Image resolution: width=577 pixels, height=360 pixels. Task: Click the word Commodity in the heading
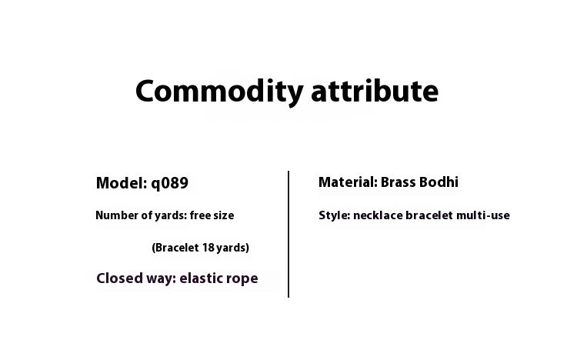(219, 92)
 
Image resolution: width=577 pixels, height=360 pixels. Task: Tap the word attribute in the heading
(375, 91)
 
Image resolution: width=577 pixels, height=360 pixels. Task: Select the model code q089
(170, 184)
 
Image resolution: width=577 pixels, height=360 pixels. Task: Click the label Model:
(122, 183)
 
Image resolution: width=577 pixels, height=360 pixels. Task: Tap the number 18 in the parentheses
(208, 248)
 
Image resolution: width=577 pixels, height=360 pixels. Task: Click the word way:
(162, 279)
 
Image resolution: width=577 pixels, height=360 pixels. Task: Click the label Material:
(348, 182)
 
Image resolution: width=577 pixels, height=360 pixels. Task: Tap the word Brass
(398, 182)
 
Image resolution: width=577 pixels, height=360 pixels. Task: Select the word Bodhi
(439, 182)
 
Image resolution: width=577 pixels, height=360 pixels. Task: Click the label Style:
(335, 215)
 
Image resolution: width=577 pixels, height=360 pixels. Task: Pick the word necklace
(378, 215)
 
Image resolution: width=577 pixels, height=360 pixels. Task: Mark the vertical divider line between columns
(288, 234)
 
